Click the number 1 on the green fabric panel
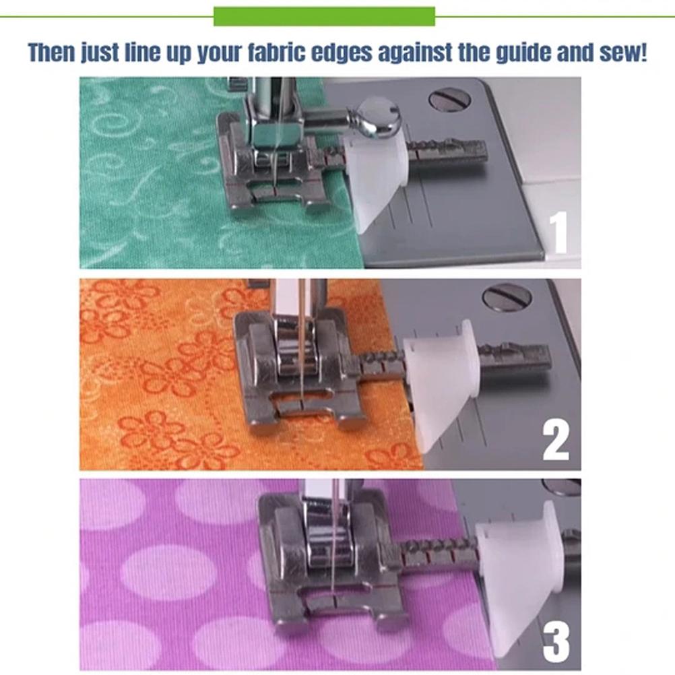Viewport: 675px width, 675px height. (x=559, y=232)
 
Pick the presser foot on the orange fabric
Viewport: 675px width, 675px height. (x=296, y=371)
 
